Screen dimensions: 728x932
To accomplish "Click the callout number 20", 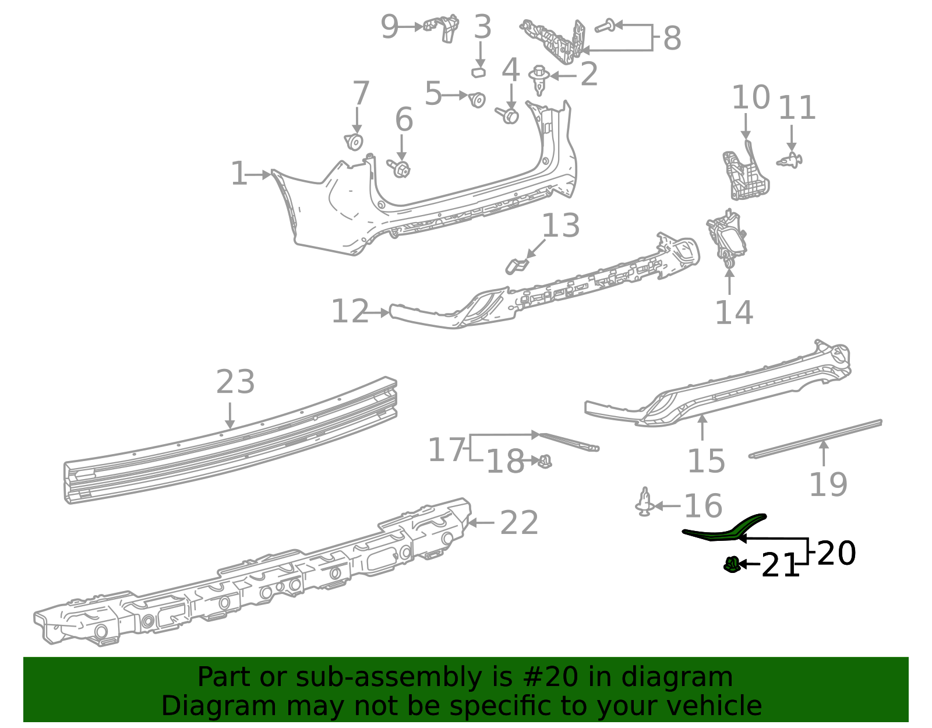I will (836, 553).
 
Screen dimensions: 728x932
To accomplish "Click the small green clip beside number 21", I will (732, 564).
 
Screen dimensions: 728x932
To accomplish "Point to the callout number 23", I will (235, 382).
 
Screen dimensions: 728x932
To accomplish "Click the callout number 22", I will (519, 523).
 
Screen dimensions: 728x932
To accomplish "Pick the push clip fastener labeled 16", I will (644, 503).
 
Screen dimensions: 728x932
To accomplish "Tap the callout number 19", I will (828, 484).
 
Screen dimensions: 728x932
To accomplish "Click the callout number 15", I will (706, 461).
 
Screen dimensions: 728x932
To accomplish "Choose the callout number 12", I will (350, 311).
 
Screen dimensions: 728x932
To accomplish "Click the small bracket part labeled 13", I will (516, 266).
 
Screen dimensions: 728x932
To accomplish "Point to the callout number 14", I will (734, 313).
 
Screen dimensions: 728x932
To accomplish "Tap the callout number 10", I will (751, 97).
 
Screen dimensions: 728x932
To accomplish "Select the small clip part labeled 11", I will (790, 159).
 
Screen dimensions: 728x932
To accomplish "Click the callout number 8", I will (672, 38).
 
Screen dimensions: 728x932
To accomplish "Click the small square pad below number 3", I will (479, 72).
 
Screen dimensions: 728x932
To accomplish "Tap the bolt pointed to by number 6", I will (401, 169).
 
